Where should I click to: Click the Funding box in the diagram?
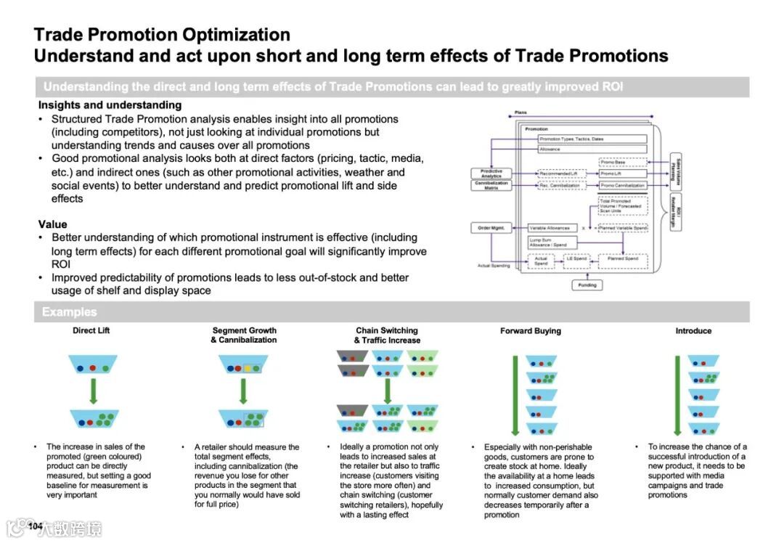(x=587, y=285)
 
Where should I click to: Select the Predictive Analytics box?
(x=491, y=173)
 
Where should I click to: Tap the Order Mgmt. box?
(x=491, y=228)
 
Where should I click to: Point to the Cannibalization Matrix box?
(x=491, y=185)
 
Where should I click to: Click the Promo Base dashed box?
(x=622, y=162)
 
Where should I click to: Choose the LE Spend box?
(x=576, y=258)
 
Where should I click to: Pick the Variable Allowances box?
(x=552, y=228)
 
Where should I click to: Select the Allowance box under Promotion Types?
(x=592, y=149)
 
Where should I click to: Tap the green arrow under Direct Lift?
(x=93, y=391)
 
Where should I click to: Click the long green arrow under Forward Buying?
(x=515, y=396)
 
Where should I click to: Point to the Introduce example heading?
(x=693, y=331)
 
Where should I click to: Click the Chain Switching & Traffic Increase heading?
(x=387, y=335)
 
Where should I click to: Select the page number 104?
(x=36, y=526)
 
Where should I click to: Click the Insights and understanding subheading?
(x=110, y=105)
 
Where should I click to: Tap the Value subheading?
(x=52, y=224)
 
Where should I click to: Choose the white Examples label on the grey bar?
(x=69, y=312)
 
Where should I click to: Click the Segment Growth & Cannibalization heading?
(x=244, y=335)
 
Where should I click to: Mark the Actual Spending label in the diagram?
(x=494, y=266)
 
